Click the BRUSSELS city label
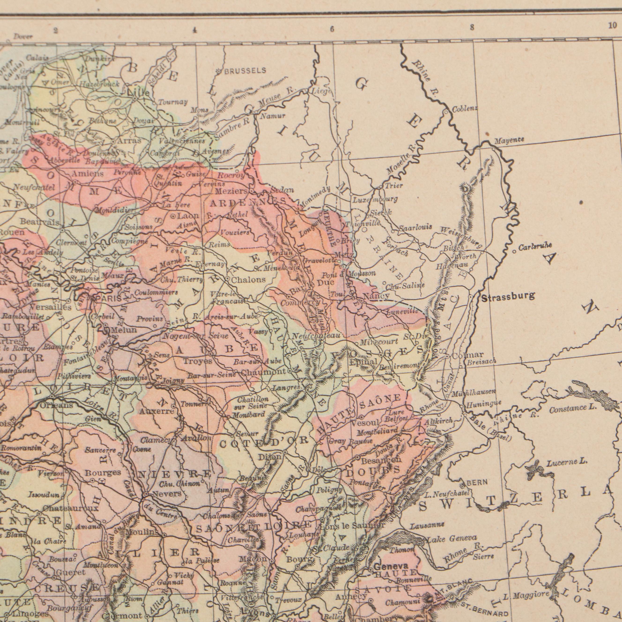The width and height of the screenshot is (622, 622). [245, 70]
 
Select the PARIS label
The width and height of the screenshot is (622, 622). [108, 299]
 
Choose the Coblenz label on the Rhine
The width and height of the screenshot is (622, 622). [465, 109]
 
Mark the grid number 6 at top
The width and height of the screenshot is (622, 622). [332, 30]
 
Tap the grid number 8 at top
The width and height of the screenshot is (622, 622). [472, 28]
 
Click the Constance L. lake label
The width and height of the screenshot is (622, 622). [572, 409]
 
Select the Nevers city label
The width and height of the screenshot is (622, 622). [167, 494]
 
